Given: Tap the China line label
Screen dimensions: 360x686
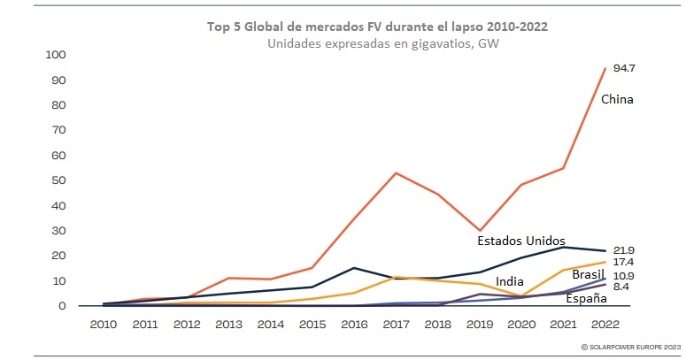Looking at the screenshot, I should pyautogui.click(x=617, y=99).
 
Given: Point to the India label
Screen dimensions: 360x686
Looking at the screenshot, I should pyautogui.click(x=508, y=281).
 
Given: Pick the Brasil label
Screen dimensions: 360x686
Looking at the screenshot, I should pyautogui.click(x=588, y=275).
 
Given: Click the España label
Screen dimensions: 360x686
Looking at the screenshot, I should pyautogui.click(x=587, y=299).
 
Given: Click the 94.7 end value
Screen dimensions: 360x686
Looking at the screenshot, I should pyautogui.click(x=624, y=68).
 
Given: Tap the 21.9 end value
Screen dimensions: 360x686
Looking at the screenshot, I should pyautogui.click(x=624, y=250).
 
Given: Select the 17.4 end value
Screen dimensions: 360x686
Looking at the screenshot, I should pyautogui.click(x=624, y=263).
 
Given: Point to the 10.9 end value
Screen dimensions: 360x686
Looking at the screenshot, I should pyautogui.click(x=624, y=276).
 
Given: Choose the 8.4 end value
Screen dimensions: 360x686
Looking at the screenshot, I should pyautogui.click(x=622, y=287).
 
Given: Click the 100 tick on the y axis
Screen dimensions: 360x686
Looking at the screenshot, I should pyautogui.click(x=56, y=55).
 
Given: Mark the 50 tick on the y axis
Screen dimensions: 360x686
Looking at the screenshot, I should pyautogui.click(x=58, y=180).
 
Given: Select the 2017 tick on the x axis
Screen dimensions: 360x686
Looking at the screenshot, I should pyautogui.click(x=396, y=324).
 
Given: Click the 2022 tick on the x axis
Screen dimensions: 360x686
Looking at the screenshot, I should pyautogui.click(x=605, y=324).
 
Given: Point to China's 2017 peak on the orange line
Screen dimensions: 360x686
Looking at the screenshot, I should pyautogui.click(x=395, y=172).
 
